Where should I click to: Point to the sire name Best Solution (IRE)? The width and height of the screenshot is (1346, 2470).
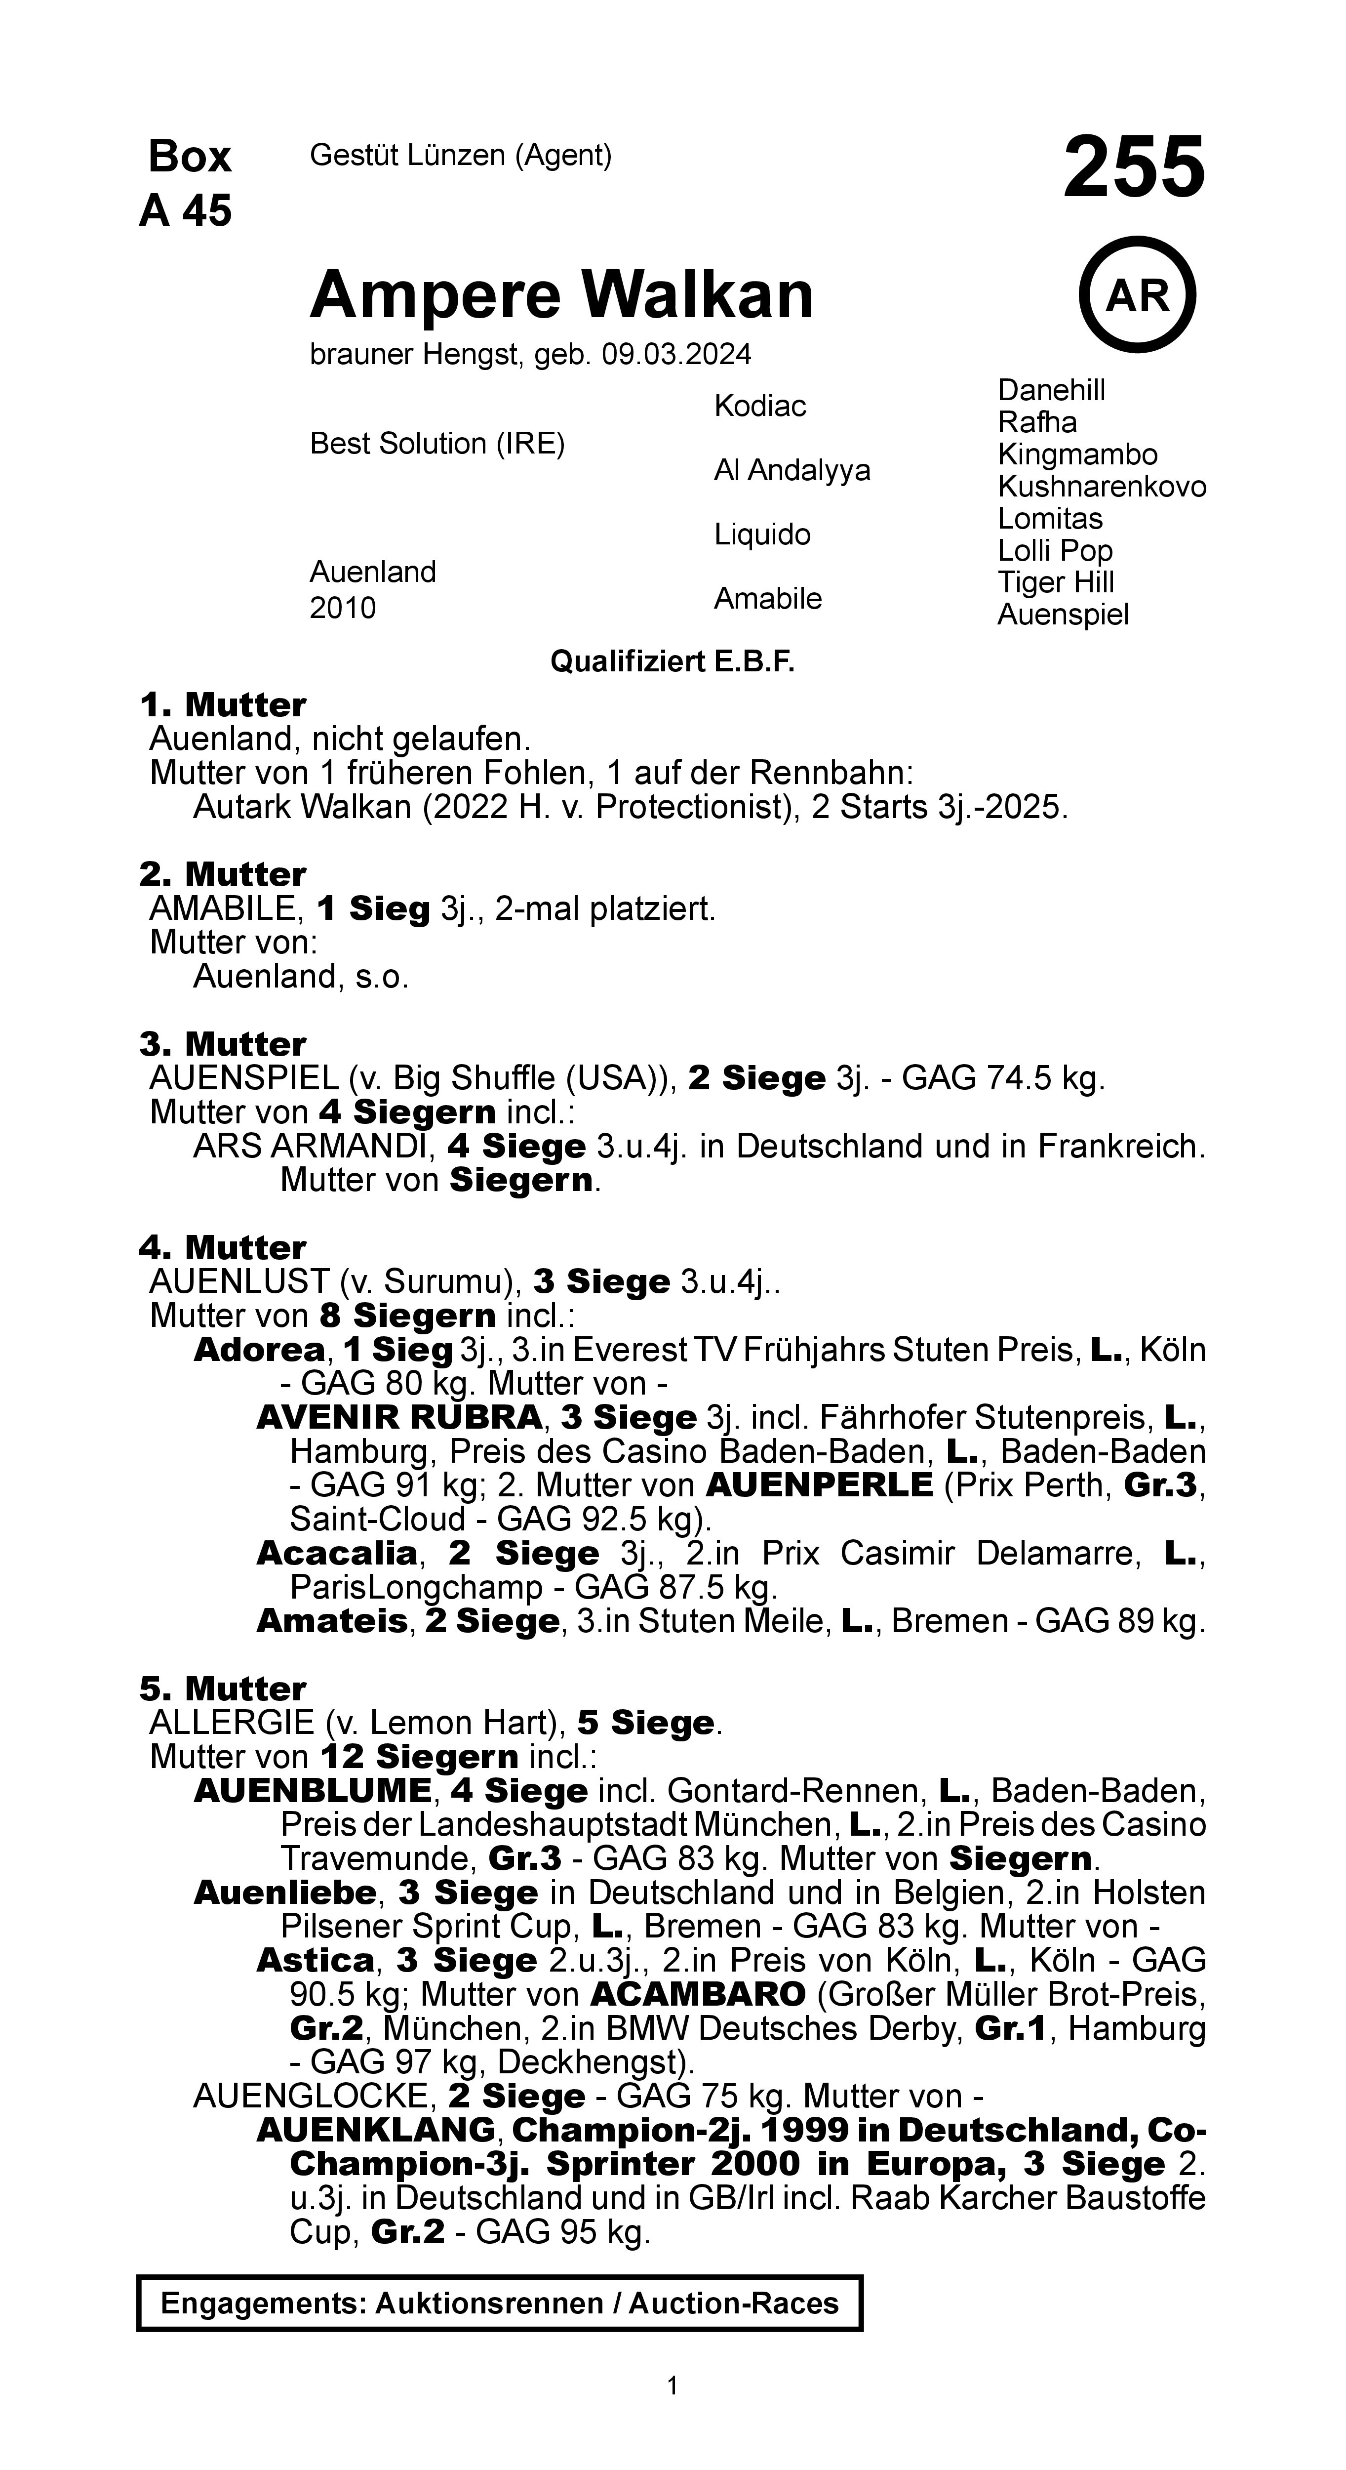click(x=437, y=444)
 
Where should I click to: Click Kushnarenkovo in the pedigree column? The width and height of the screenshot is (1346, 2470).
click(x=1102, y=487)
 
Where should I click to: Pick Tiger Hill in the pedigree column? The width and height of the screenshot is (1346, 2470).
click(x=1056, y=583)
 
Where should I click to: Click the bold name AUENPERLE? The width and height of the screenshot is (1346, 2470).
click(x=819, y=1485)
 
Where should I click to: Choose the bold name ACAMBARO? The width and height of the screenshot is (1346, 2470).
click(x=698, y=1994)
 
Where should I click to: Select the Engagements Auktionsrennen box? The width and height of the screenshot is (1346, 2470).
click(x=500, y=2303)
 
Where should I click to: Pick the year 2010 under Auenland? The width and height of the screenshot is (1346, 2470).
click(x=342, y=608)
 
